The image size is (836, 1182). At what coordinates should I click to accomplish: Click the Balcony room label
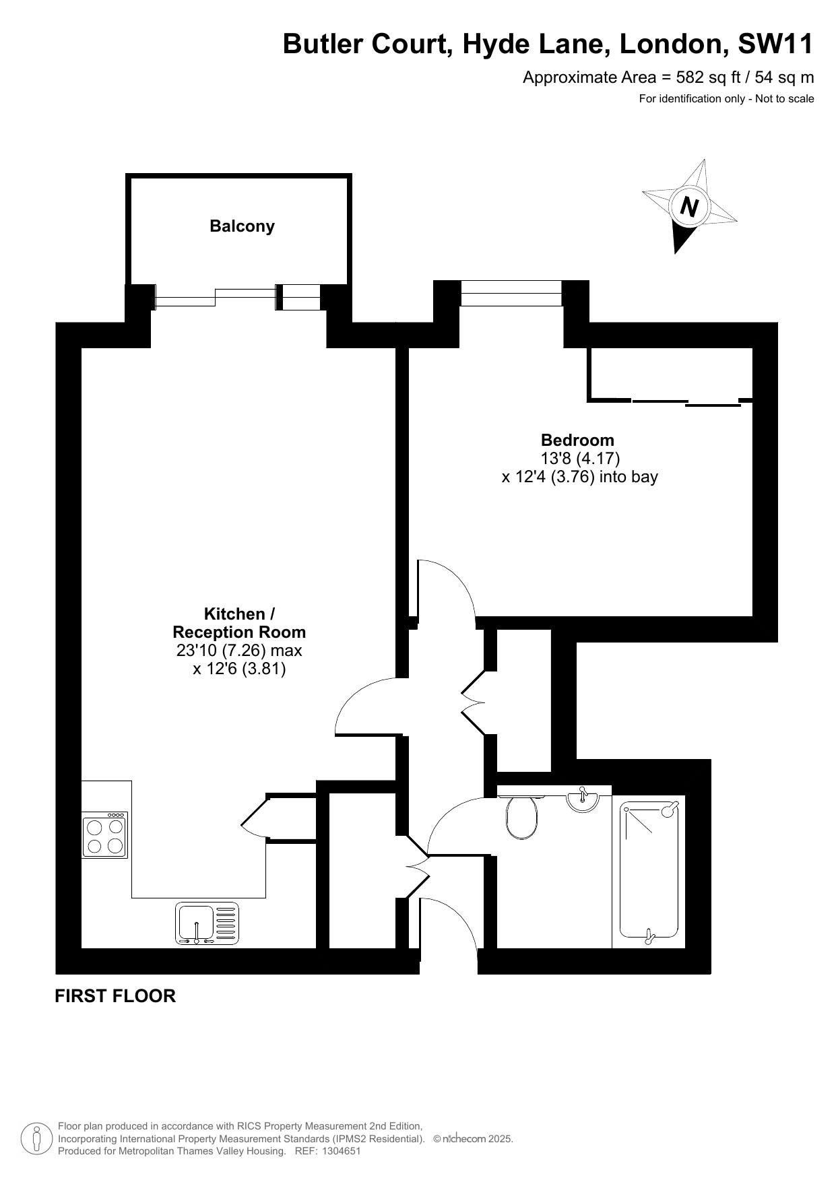click(x=242, y=226)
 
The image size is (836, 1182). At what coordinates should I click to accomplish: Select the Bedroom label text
click(x=578, y=440)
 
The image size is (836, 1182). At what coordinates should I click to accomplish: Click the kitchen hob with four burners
click(x=105, y=835)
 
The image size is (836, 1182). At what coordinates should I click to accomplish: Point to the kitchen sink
click(x=207, y=923)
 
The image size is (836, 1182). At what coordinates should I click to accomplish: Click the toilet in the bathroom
click(x=521, y=816)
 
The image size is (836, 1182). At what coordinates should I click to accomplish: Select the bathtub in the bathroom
click(x=649, y=870)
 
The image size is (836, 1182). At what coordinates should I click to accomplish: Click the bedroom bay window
click(x=511, y=293)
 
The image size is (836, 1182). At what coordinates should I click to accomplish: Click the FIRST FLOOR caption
click(x=115, y=995)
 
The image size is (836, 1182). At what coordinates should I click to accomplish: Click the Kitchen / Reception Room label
click(x=239, y=623)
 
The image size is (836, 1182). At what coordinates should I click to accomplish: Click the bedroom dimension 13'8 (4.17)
click(x=580, y=458)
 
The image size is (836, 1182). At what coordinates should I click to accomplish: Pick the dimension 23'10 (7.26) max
click(x=239, y=651)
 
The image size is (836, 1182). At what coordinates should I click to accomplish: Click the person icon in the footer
click(x=37, y=1139)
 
